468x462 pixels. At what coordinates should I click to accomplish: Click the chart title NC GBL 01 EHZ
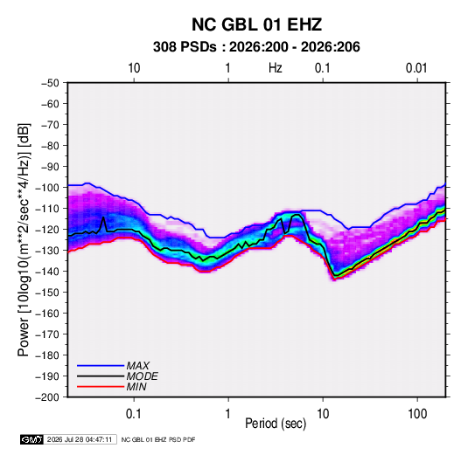pos(256,24)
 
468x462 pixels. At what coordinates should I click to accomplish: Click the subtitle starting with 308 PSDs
pos(256,47)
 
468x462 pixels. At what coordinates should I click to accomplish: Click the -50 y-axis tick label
pos(50,83)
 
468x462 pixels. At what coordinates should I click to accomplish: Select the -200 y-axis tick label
pos(47,397)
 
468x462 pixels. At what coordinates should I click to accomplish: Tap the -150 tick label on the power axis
pos(47,293)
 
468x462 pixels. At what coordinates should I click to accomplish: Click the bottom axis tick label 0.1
pos(134,414)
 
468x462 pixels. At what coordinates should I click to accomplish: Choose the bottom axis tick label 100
pos(417,414)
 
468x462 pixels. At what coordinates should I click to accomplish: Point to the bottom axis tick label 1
pos(227,414)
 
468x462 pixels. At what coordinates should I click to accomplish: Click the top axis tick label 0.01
pos(416,68)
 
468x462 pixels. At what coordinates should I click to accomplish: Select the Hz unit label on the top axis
pos(276,68)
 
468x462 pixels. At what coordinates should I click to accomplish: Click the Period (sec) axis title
pos(276,424)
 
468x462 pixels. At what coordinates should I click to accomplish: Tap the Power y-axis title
pos(24,239)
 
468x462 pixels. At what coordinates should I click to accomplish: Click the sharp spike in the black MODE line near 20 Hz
pos(103,217)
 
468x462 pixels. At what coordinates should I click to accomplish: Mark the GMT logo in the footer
pos(32,439)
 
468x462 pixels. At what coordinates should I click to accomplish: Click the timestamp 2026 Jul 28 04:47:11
pos(80,439)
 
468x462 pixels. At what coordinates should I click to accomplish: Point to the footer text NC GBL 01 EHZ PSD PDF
pos(158,439)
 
